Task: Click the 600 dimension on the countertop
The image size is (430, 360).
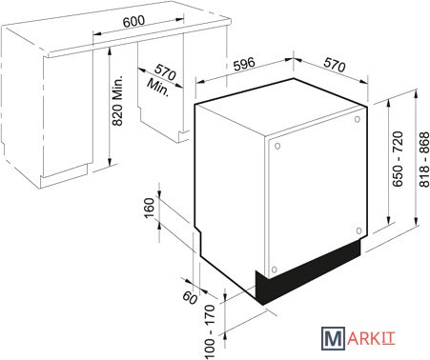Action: (x=133, y=21)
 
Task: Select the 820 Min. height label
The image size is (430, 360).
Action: (x=117, y=101)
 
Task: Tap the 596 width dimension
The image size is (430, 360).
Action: (x=244, y=64)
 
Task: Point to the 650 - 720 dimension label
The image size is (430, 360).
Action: (x=398, y=159)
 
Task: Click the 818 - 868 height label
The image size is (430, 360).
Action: (x=424, y=160)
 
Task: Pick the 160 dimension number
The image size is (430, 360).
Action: (x=149, y=208)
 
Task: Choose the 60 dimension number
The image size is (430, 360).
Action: (x=190, y=298)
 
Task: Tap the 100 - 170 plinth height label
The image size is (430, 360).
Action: (x=210, y=331)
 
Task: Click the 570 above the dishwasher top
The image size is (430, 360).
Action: (x=335, y=65)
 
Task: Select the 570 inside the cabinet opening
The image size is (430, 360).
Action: (x=165, y=72)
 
